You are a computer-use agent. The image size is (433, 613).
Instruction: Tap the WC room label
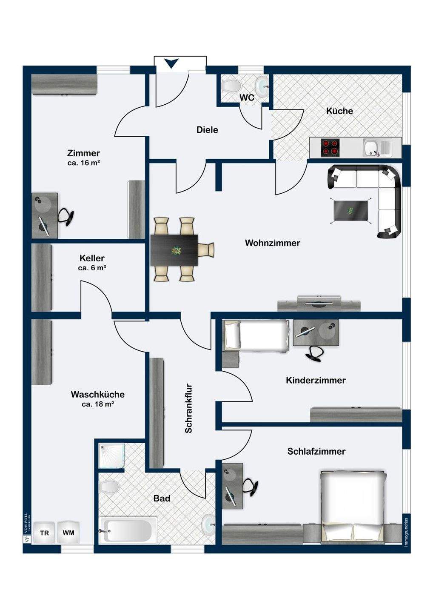coord(247,97)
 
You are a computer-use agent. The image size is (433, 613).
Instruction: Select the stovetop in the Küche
coord(330,147)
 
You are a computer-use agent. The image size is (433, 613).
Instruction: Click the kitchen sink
coord(371,148)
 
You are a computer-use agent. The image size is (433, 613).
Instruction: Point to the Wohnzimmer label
coord(272,243)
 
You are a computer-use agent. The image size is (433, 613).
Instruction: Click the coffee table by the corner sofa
coord(350,211)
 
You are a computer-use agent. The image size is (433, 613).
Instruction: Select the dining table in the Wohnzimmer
coord(174,249)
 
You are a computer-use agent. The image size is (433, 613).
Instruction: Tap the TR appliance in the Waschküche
coord(44,533)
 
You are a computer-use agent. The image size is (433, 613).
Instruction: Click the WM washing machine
coord(68,533)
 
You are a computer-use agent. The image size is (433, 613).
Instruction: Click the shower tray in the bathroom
coord(111,455)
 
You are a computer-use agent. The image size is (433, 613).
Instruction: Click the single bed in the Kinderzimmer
coord(256,335)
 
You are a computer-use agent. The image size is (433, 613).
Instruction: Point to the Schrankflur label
coord(188,409)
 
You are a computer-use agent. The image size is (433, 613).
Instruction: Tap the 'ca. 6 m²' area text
coord(92,268)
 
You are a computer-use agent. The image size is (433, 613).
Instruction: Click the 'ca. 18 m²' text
coord(97,404)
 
